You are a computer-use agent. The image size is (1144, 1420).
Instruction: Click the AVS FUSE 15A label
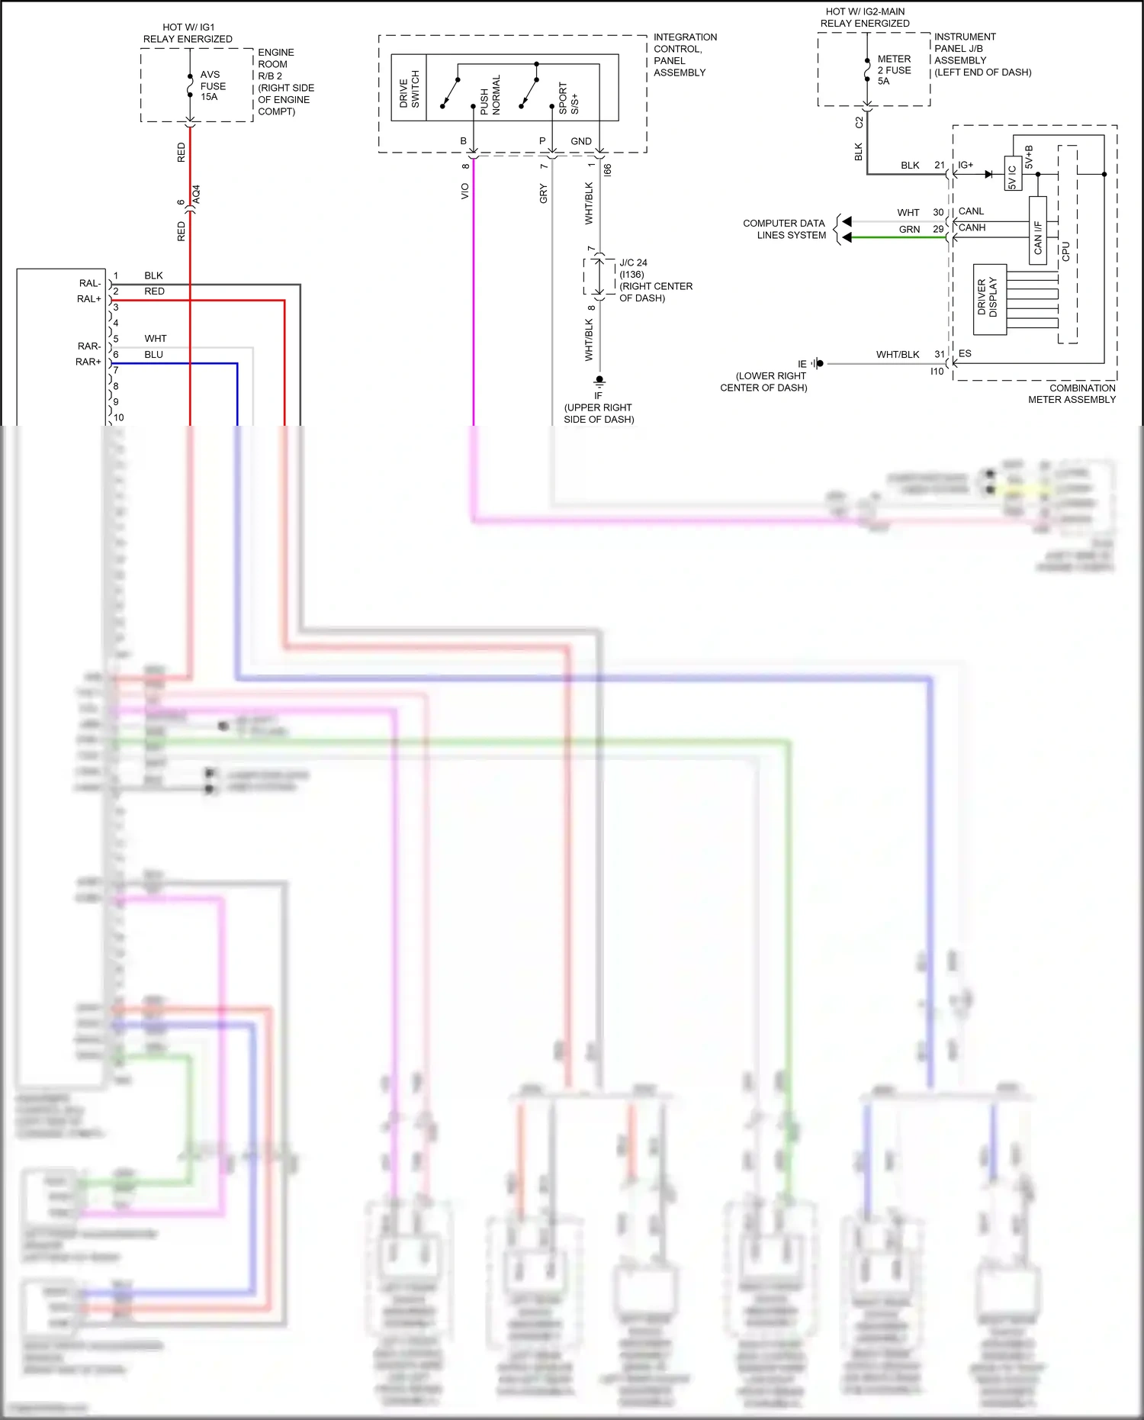coord(212,85)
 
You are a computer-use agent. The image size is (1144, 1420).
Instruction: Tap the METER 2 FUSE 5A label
coord(893,69)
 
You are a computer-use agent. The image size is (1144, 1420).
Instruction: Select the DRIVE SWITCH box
coord(409,88)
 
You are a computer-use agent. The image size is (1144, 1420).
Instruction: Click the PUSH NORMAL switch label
coord(490,95)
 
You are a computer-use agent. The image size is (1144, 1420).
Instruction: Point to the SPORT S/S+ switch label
coord(568,98)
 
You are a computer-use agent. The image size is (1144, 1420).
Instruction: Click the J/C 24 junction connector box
coord(599,276)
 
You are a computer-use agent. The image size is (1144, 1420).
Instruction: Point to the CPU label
coord(1066,252)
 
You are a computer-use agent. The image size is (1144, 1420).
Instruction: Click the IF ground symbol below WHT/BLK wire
coord(599,381)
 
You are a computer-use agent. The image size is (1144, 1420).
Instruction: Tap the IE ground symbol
coord(817,363)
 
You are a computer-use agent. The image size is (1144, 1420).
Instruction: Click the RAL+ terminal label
coord(88,299)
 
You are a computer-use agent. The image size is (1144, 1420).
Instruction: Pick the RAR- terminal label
coord(88,346)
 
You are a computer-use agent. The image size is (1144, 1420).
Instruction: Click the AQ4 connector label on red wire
coord(197,194)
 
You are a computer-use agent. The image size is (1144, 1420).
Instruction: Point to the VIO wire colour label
coord(464,192)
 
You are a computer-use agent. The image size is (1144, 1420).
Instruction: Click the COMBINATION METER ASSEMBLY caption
coord(1072,394)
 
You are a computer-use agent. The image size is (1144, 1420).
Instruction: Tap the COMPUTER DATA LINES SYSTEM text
coord(784,229)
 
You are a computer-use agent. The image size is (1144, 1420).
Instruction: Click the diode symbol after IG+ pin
coord(988,174)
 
